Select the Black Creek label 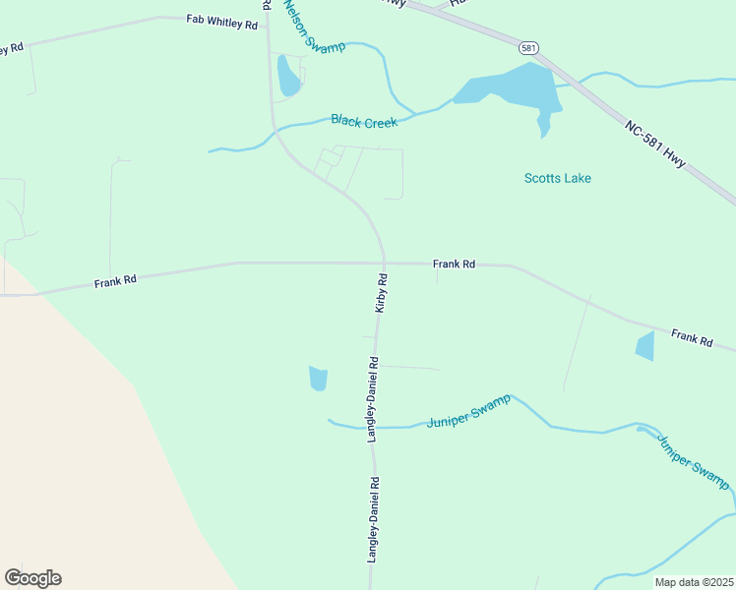364,121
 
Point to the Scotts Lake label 557,178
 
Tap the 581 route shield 529,47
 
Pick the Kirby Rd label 382,293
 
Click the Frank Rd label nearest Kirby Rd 454,265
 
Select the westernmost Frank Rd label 115,281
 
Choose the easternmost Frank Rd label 692,337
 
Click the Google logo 32,578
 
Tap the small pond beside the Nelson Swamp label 288,77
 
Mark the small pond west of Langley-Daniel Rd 318,378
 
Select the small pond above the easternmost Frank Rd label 645,346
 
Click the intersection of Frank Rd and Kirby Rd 384,264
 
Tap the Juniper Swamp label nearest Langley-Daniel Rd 468,410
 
